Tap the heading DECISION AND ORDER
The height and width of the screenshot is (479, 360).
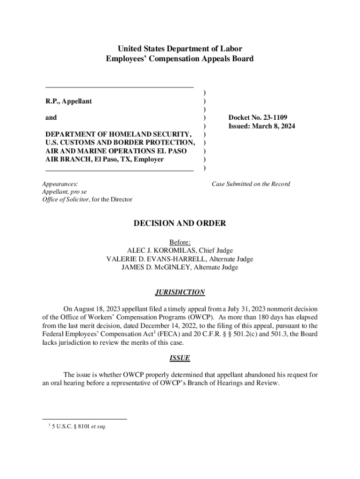[x=180, y=224]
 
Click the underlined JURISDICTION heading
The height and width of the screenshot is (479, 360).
[x=180, y=292]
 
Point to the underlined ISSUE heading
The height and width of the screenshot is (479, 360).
[x=180, y=358]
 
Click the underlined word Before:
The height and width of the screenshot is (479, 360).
[x=180, y=242]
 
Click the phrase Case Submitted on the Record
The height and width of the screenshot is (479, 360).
[x=251, y=184]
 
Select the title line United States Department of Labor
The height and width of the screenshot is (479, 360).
[x=180, y=49]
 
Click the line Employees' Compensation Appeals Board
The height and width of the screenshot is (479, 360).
[x=180, y=59]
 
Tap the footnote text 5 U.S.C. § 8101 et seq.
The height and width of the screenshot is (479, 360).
[x=78, y=426]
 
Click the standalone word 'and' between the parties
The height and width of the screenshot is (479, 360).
[x=51, y=118]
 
